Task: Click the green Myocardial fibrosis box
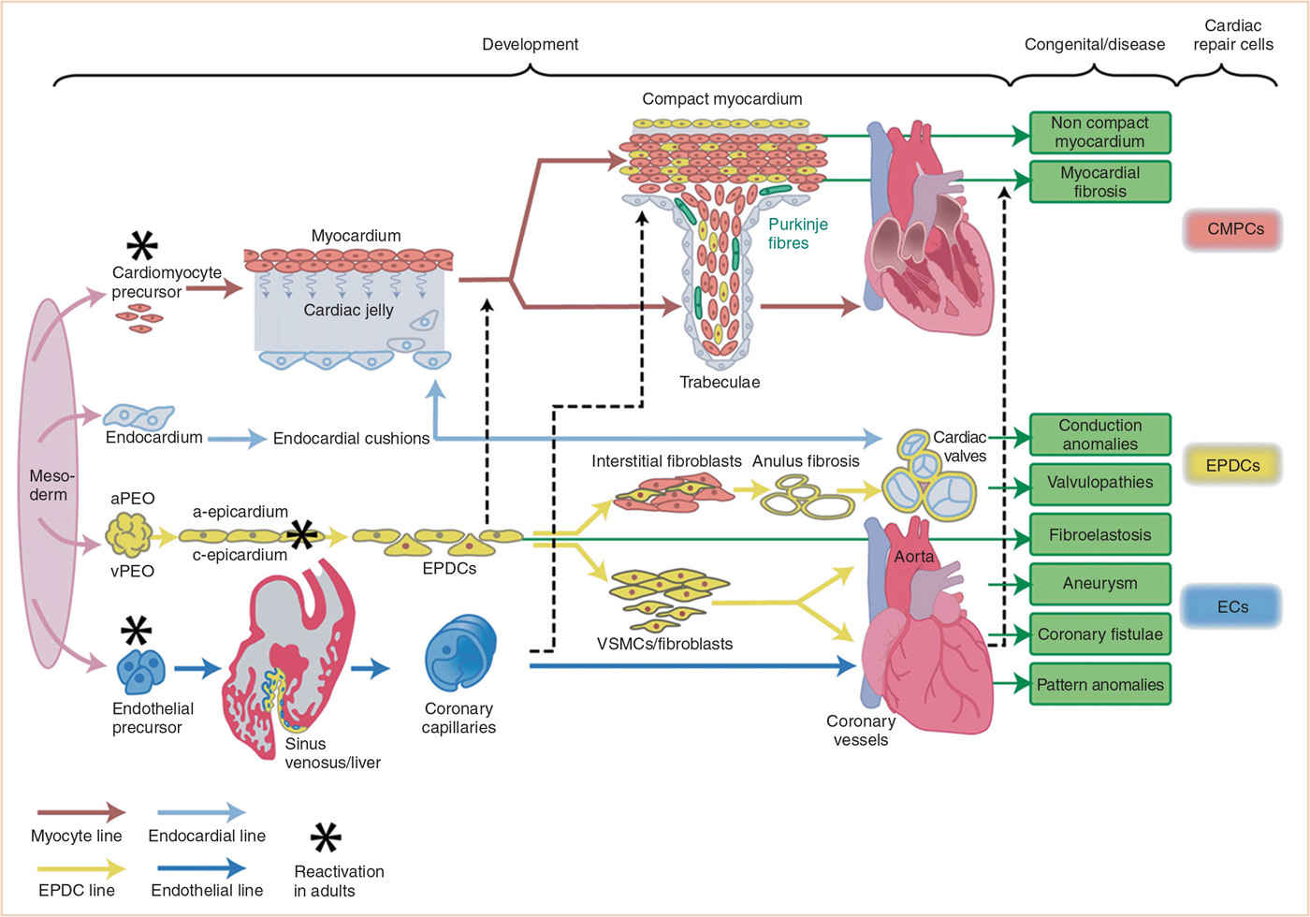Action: click(x=1099, y=182)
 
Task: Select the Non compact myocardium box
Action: click(x=1099, y=132)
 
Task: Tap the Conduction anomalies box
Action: click(x=1099, y=434)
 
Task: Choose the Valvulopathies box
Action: click(x=1099, y=484)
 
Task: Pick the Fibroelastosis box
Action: click(x=1099, y=535)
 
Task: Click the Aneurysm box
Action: click(x=1099, y=584)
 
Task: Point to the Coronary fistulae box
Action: click(x=1099, y=634)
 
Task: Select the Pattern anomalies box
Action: click(x=1099, y=685)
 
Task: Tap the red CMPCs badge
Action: click(x=1234, y=230)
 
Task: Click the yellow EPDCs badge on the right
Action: click(x=1232, y=465)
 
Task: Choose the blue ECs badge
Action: click(x=1232, y=607)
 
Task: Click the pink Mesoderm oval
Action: click(x=47, y=483)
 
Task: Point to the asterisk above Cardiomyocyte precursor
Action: click(x=142, y=245)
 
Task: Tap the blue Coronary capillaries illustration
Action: click(x=460, y=651)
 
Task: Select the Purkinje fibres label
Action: click(x=797, y=234)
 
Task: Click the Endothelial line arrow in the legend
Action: click(x=201, y=868)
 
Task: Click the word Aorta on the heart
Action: click(x=913, y=557)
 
